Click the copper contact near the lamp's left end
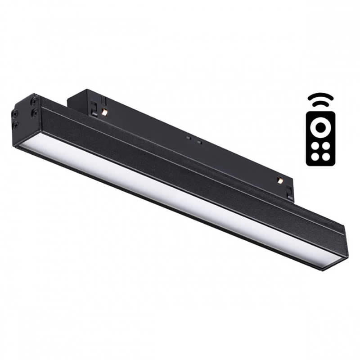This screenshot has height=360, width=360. pyautogui.click(x=104, y=112)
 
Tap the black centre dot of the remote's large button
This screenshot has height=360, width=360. pyautogui.click(x=320, y=126)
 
